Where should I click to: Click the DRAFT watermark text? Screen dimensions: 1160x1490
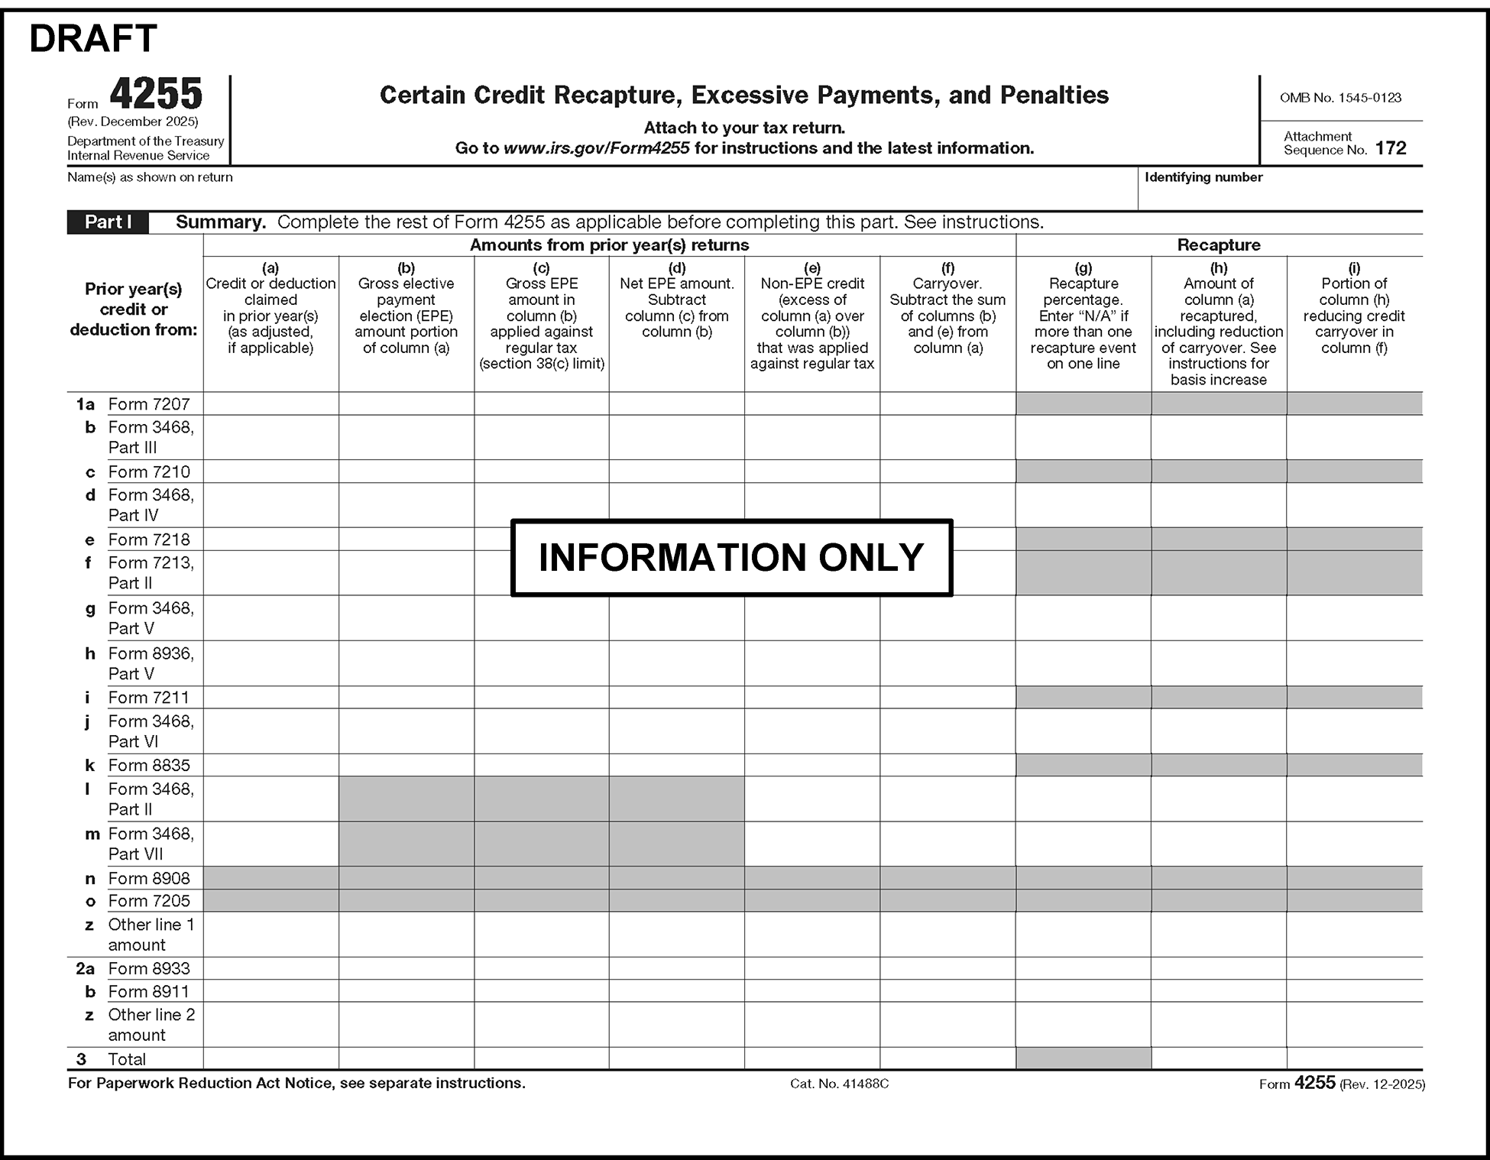[93, 39]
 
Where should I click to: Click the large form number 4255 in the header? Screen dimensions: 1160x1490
[156, 95]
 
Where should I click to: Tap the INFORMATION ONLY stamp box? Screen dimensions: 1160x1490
[731, 558]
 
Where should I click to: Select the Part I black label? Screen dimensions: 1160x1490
[108, 222]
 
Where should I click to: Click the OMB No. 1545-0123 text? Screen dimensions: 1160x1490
[1340, 98]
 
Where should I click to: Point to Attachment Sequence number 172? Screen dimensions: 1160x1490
[1390, 148]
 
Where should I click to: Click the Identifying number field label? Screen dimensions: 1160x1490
[1203, 177]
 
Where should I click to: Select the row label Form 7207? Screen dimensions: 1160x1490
[149, 404]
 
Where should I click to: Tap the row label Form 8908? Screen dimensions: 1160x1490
[149, 878]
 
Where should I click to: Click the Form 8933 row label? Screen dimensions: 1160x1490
[149, 968]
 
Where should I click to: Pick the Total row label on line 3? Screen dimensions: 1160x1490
[127, 1059]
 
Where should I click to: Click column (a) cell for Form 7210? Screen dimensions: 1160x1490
[270, 471]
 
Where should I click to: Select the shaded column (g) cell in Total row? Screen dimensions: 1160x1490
[1083, 1058]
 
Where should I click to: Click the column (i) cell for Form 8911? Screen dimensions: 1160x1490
[1354, 991]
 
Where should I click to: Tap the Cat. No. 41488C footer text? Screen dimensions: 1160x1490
[839, 1084]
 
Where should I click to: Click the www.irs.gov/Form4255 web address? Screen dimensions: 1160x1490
[596, 148]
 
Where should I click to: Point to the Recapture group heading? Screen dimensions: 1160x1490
[1218, 245]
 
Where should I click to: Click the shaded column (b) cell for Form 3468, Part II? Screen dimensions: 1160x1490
[406, 799]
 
